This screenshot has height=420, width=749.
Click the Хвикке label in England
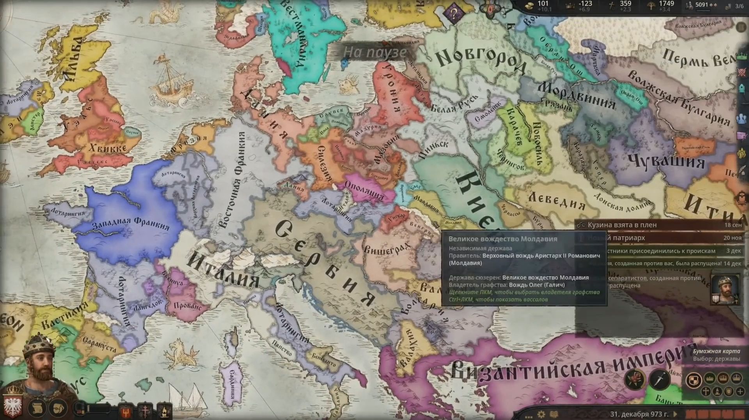108,148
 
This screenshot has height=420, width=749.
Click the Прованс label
187,306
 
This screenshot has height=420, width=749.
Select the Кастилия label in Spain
64,316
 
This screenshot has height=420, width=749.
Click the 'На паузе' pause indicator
374,52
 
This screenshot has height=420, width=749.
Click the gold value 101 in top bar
543,4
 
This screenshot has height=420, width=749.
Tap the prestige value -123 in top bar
585,4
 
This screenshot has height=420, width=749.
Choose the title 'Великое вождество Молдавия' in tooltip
502,239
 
